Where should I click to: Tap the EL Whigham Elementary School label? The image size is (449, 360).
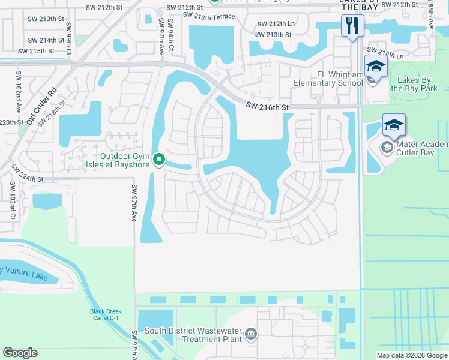[x=327, y=79]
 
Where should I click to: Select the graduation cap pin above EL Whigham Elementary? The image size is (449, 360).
[x=376, y=66]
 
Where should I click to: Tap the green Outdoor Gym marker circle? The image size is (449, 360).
[x=159, y=160]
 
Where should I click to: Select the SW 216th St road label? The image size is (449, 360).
[x=268, y=107]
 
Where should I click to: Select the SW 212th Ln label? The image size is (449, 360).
[x=276, y=24]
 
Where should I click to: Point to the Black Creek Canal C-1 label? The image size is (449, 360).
[x=106, y=315]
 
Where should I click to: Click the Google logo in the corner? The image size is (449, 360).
[x=20, y=353]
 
